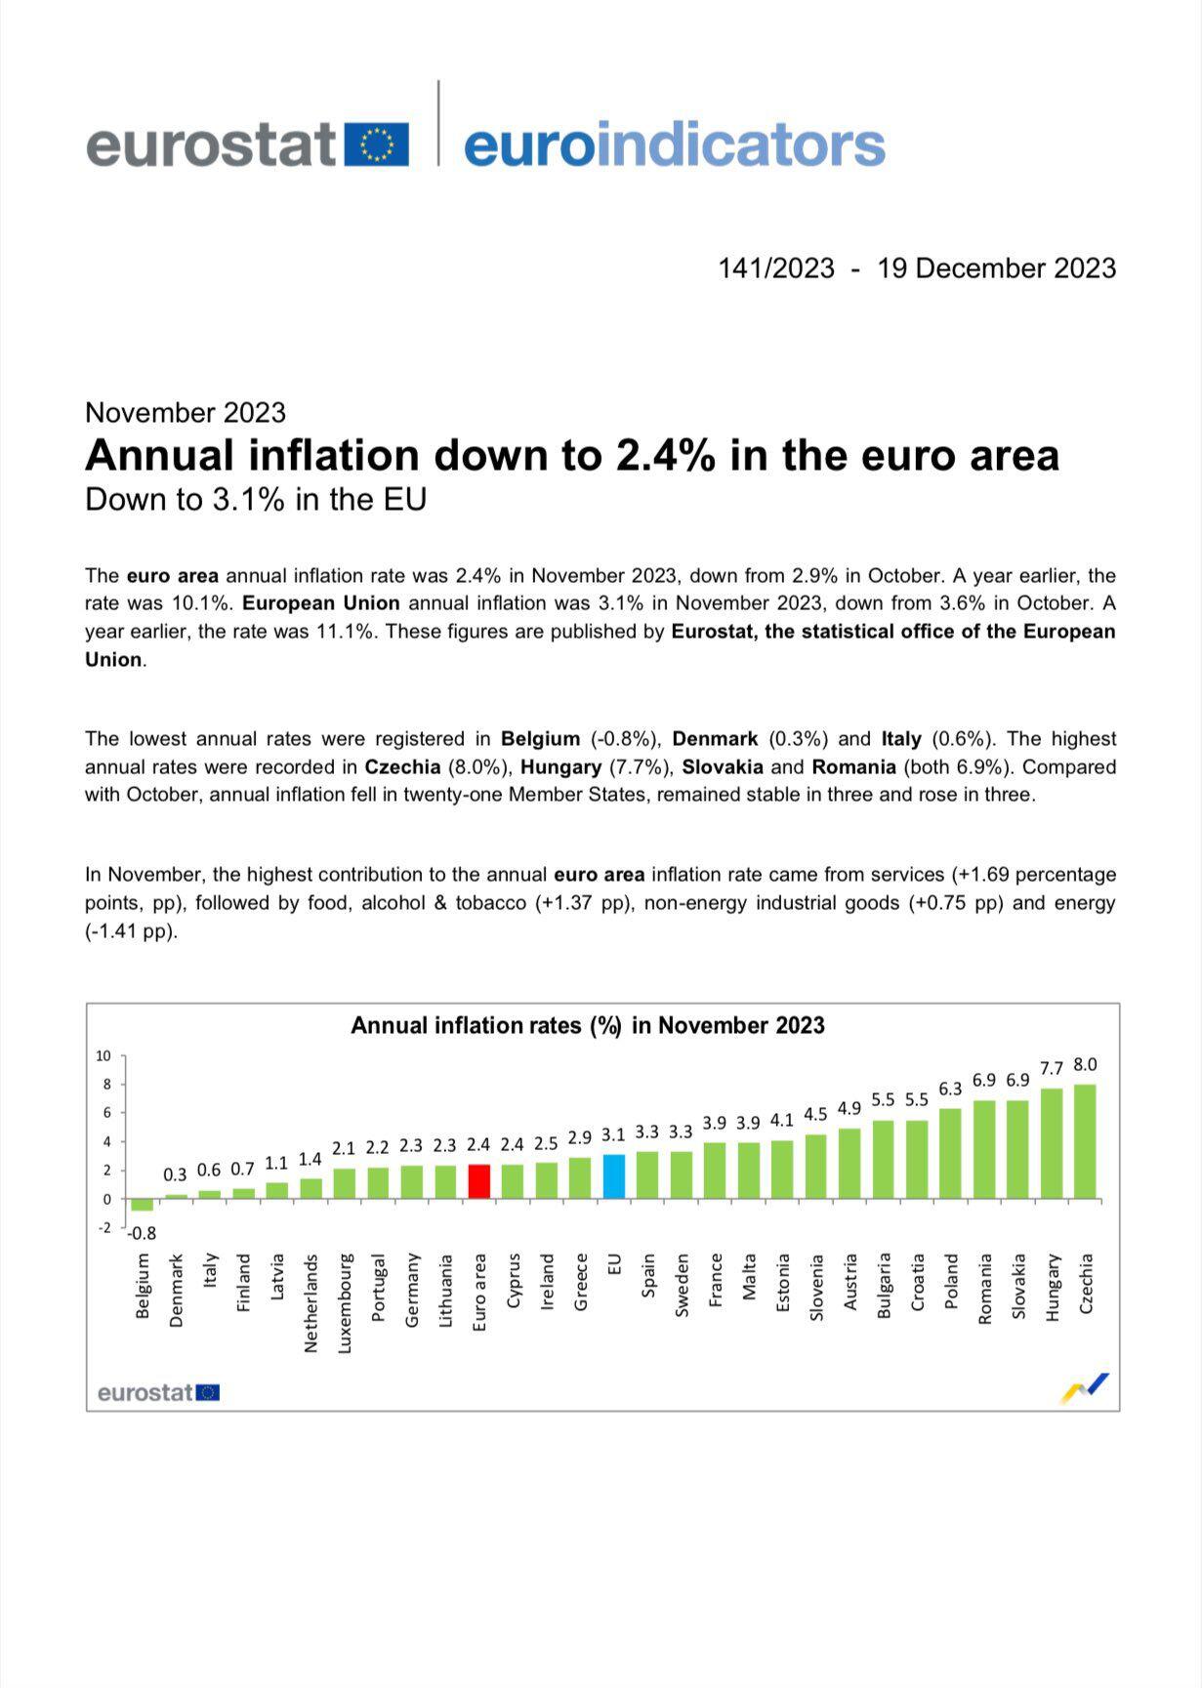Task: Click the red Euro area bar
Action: point(478,1180)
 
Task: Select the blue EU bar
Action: point(613,1175)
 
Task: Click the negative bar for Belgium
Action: point(143,1204)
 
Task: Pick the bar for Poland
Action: point(950,1153)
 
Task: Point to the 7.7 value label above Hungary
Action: point(1051,1069)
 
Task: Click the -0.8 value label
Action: point(143,1233)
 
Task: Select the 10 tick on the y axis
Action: point(104,1055)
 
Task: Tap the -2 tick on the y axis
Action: point(104,1227)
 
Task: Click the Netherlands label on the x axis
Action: point(311,1302)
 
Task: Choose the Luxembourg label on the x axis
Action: point(345,1302)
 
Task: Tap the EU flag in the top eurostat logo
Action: point(377,144)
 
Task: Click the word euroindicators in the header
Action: point(674,144)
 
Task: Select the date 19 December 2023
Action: point(996,268)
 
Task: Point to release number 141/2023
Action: point(776,268)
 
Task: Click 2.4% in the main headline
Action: point(663,455)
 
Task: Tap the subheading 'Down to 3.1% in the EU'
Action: point(256,499)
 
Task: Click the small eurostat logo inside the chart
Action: point(158,1392)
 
